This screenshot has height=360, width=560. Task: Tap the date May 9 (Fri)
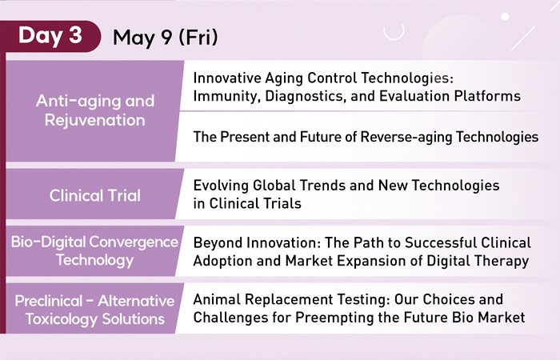166,37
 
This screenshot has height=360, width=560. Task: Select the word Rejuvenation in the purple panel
95,120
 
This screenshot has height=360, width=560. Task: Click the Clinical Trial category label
95,195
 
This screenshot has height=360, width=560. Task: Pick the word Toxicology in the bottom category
62,319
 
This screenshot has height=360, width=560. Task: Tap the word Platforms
487,96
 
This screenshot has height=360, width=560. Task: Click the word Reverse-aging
406,137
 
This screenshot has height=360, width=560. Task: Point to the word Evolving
221,186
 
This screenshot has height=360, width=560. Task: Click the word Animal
217,299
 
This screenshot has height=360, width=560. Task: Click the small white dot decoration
505,17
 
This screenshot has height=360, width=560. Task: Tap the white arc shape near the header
394,37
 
